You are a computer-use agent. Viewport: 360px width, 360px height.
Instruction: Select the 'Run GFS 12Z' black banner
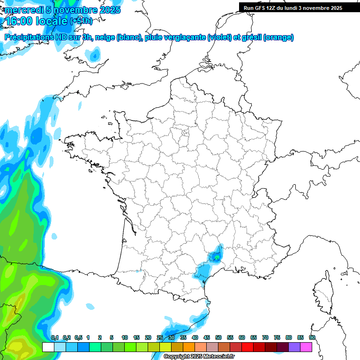(293, 8)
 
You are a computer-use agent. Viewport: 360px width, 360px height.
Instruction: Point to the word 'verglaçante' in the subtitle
(186, 37)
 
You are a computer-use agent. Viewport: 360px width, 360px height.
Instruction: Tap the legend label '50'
(218, 337)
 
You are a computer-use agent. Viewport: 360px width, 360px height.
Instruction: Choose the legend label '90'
(312, 337)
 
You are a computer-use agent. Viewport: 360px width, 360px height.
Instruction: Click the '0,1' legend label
(54, 337)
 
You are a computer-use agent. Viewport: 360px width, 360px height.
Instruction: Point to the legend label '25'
(160, 337)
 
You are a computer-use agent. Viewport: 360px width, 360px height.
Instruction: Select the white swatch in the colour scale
(48, 347)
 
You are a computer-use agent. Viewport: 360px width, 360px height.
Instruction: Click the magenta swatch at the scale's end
(306, 347)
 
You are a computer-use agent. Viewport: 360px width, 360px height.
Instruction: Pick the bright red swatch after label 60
(247, 347)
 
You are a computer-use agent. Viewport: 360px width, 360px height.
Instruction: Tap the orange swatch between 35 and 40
(189, 347)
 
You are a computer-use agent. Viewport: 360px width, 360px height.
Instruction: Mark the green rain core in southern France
(217, 256)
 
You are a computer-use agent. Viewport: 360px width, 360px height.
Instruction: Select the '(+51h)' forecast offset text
(81, 21)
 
